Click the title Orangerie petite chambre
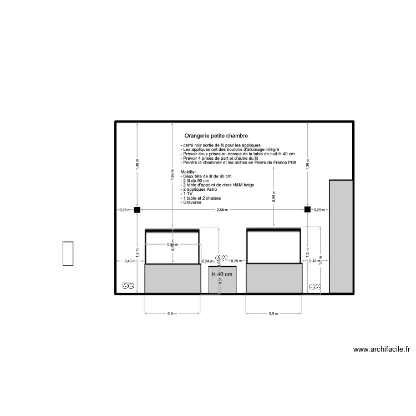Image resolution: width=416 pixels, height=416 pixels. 216,136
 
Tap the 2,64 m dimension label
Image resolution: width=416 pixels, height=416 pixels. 222,210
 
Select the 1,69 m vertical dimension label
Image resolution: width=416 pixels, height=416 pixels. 173,177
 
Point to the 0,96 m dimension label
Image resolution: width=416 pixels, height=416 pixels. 274,197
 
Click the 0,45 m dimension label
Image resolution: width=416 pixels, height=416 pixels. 129,261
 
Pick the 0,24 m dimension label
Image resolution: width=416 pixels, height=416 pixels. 206,261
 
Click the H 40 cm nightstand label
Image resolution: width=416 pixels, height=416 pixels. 222,275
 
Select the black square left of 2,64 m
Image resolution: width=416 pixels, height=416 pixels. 138,210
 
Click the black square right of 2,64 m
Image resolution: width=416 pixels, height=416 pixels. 307,210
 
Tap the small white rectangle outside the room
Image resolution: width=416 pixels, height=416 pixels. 68,254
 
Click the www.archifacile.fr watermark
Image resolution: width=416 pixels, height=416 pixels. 382,349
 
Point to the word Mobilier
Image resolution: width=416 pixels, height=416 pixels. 189,172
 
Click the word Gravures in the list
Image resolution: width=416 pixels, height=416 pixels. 192,202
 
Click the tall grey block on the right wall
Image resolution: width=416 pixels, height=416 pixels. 341,236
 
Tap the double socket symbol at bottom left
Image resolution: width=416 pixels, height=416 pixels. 128,286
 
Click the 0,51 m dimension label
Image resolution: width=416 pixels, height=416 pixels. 220,280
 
